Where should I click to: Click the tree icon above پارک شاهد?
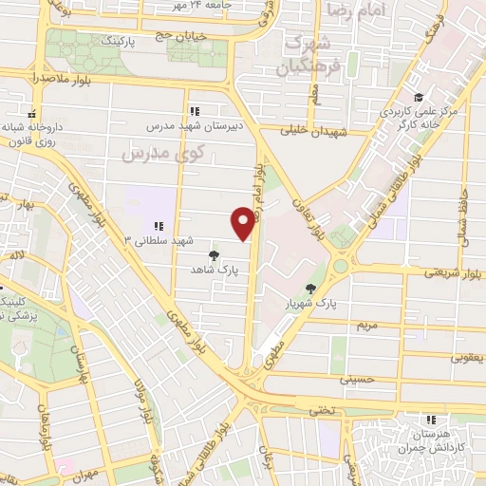(213, 255)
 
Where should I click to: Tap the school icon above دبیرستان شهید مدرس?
(195, 111)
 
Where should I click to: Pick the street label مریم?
(366, 325)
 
